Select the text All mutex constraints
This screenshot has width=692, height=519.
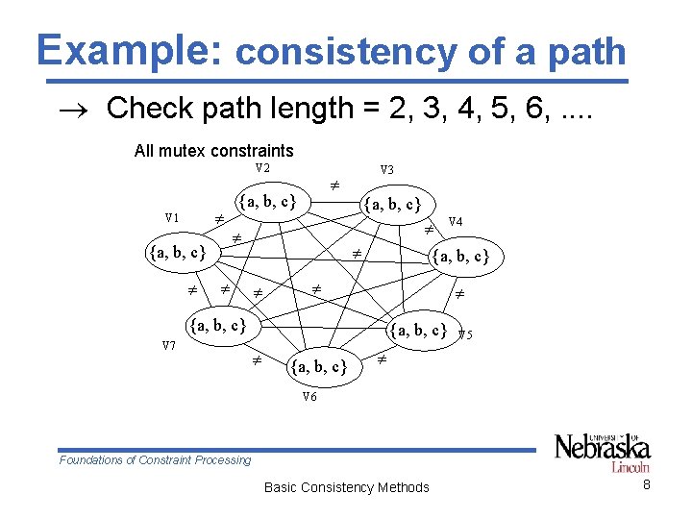tap(213, 150)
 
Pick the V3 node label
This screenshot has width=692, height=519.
tap(387, 170)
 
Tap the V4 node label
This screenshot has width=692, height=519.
tap(456, 222)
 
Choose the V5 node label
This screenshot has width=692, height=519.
tap(465, 335)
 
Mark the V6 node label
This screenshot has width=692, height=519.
tap(309, 396)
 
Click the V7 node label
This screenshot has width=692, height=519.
tap(168, 346)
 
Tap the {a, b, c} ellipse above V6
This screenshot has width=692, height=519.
tap(318, 366)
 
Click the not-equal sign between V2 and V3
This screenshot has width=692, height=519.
tap(335, 182)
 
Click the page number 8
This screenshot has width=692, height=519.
tap(647, 485)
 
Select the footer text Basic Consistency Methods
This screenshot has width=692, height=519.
tap(346, 487)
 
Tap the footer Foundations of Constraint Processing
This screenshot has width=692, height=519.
tap(155, 459)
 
